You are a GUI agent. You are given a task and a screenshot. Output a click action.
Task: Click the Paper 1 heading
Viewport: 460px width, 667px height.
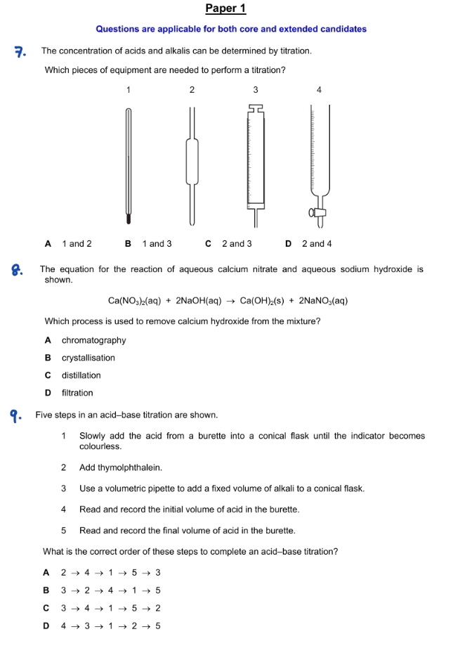pos(225,8)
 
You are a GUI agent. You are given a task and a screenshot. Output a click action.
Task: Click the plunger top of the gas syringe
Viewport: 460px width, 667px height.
pos(255,108)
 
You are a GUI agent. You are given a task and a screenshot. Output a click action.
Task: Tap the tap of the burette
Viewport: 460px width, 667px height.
pos(320,212)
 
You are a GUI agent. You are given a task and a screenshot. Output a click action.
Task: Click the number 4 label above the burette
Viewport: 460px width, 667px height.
pos(320,90)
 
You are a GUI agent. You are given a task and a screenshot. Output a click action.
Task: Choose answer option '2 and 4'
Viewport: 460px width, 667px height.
pos(316,244)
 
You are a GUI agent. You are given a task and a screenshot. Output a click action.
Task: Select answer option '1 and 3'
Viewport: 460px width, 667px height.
pos(157,244)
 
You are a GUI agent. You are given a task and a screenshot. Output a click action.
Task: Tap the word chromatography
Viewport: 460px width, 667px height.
pos(93,340)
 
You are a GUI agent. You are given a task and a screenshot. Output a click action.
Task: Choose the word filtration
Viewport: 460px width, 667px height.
pos(77,393)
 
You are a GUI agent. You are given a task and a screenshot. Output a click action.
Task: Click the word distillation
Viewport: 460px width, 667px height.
pos(81,375)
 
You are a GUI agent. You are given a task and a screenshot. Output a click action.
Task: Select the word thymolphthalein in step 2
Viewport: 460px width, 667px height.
pos(131,467)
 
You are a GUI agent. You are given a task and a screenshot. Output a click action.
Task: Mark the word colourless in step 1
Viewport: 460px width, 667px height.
pos(100,446)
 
